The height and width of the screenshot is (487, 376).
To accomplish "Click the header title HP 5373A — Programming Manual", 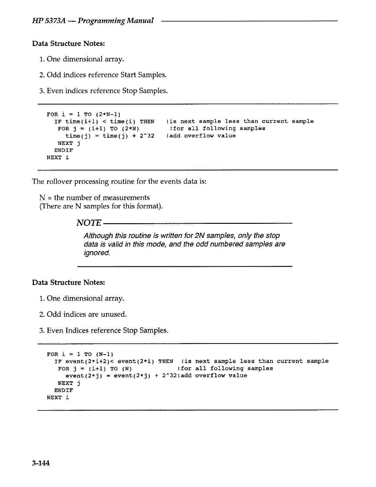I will pos(93,21).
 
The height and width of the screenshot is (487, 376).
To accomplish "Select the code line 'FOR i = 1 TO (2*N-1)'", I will pos(85,114).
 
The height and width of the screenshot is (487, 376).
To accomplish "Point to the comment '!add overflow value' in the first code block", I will pos(201,136).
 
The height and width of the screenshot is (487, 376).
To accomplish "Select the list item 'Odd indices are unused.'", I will pos(87,314).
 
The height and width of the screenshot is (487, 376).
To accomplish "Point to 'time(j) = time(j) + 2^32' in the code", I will pos(110,136).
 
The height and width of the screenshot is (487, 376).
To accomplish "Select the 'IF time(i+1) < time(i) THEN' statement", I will pos(104,121).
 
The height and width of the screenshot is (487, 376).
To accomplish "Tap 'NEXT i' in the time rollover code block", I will pos(58,158).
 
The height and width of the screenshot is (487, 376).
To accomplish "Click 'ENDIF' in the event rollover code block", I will pos(64,390).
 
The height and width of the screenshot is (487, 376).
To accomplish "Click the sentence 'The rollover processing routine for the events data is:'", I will pos(119,181).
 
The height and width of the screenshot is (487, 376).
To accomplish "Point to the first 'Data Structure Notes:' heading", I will pos(69,43).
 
